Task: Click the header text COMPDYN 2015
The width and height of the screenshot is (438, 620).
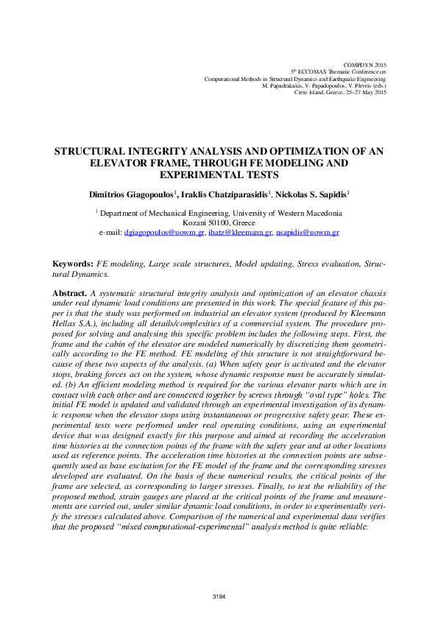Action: [365, 66]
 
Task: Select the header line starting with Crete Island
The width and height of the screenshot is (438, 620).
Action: [339, 92]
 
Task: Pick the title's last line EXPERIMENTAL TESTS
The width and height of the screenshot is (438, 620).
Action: [219, 175]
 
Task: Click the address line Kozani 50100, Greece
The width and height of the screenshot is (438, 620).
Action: [219, 222]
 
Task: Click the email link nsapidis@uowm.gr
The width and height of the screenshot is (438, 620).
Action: [308, 233]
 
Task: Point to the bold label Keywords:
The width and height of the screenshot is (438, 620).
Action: [72, 264]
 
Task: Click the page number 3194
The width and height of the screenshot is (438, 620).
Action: [219, 595]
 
